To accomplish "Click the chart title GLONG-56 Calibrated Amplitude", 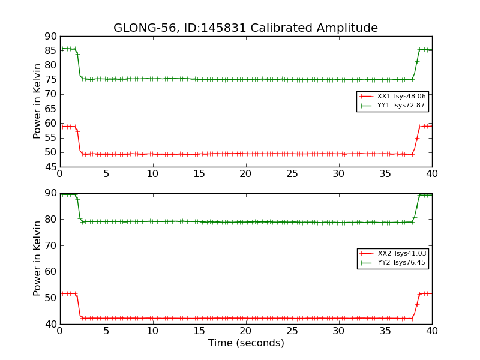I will tap(245, 28).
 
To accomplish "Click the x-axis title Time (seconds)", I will tap(246, 343).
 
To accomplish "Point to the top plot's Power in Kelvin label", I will tap(37, 101).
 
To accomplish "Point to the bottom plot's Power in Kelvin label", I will tap(37, 258).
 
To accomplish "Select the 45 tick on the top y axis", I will tap(50, 167).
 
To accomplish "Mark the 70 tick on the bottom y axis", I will tap(50, 245).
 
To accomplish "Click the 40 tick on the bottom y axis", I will tap(50, 324).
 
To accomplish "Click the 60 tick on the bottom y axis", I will tap(50, 272).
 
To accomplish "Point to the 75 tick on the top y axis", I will tap(50, 80).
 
